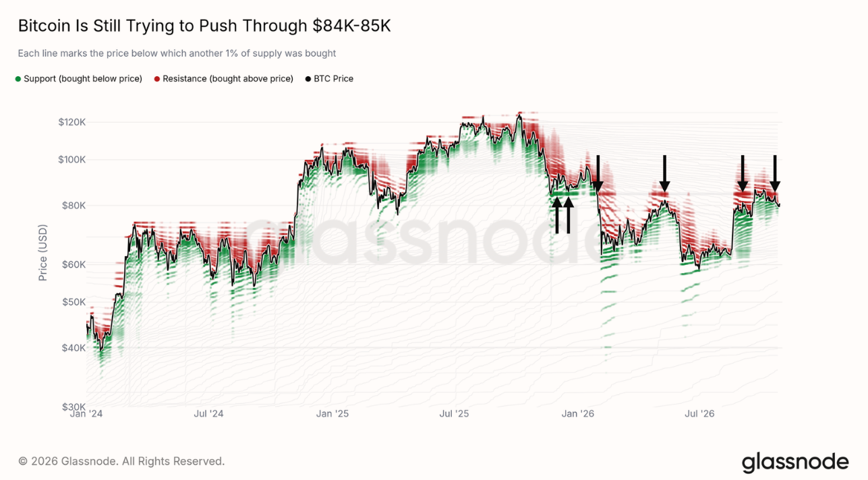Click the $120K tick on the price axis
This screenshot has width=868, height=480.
(72, 123)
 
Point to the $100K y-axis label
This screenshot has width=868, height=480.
(72, 160)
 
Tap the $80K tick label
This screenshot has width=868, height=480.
(74, 206)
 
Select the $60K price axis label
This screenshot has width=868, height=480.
(74, 264)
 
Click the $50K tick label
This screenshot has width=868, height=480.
(74, 302)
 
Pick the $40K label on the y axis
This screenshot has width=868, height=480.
(74, 348)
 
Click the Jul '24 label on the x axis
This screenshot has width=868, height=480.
(208, 414)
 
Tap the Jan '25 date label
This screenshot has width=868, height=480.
(332, 414)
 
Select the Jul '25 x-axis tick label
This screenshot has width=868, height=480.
(454, 414)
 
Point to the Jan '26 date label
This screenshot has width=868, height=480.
(578, 414)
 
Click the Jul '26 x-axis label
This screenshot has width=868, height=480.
(699, 414)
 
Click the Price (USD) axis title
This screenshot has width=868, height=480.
(42, 253)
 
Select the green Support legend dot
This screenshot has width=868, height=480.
(18, 79)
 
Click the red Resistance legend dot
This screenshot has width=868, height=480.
(157, 79)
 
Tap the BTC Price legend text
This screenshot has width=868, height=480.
(334, 79)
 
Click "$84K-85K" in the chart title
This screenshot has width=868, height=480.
(351, 26)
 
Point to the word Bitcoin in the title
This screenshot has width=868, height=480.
(45, 26)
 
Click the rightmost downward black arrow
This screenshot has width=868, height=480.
(775, 173)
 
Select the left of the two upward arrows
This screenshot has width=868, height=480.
(557, 215)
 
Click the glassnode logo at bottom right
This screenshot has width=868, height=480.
(795, 462)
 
